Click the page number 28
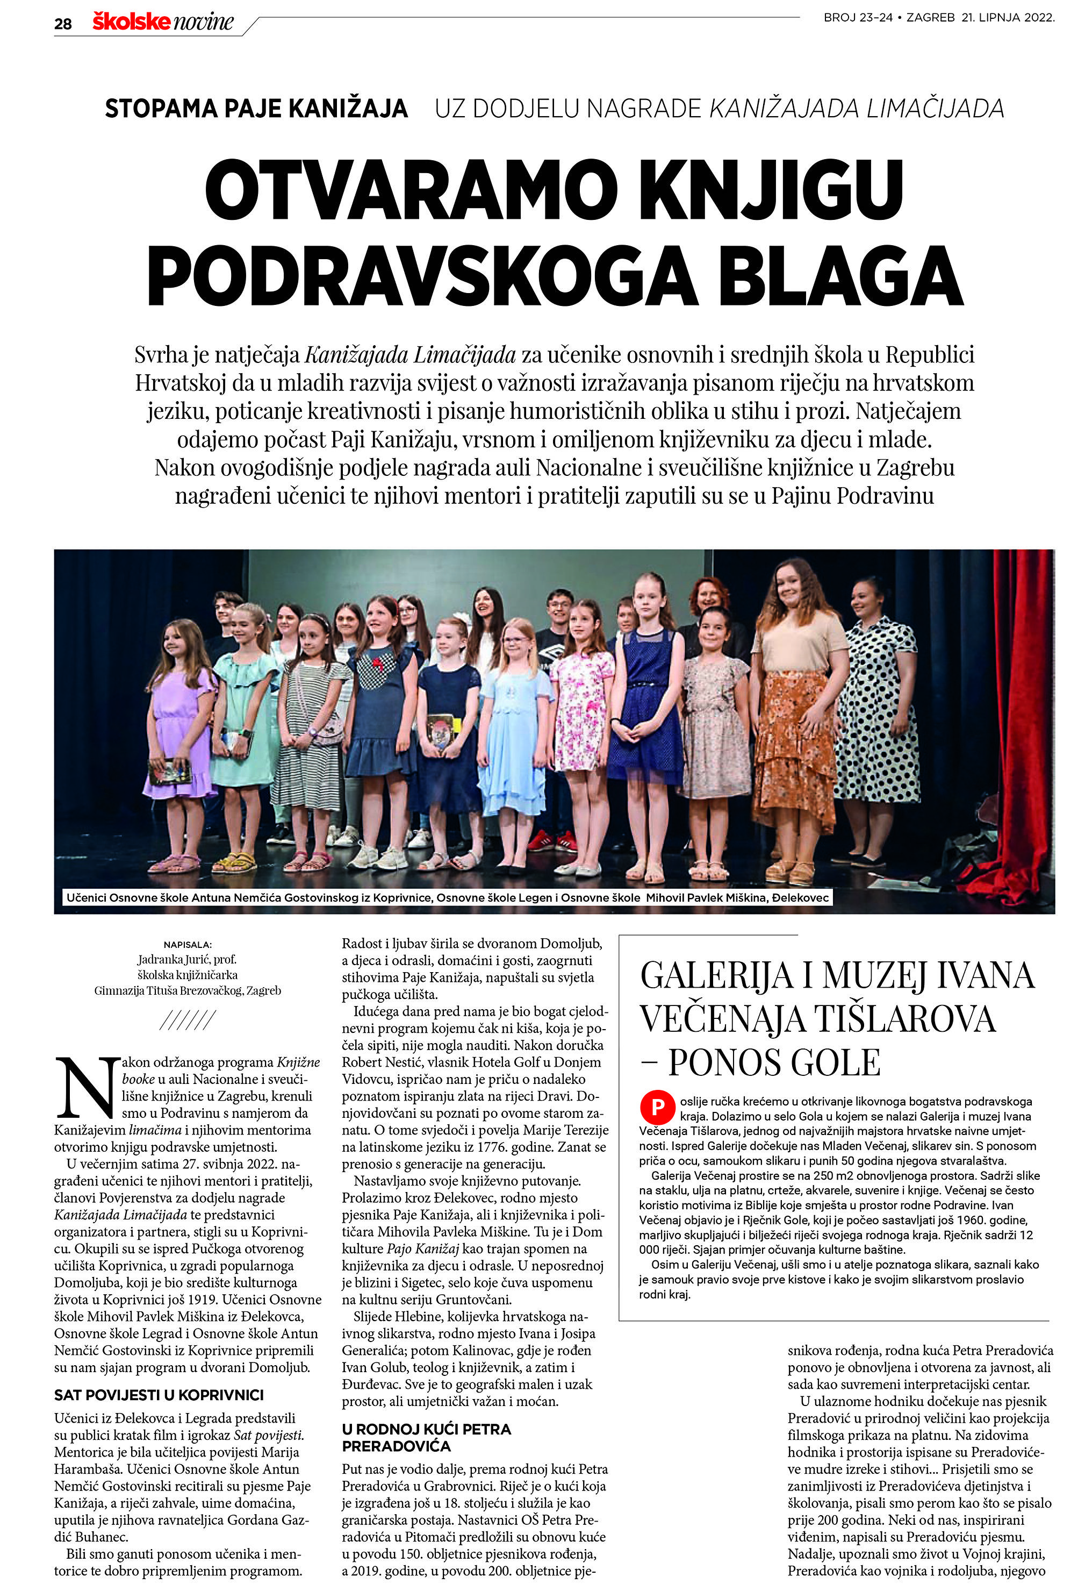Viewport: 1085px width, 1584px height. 63,24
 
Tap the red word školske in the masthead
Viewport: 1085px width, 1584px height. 132,22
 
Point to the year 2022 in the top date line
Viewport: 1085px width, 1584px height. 1039,18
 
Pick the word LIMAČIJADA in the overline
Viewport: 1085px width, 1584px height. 935,109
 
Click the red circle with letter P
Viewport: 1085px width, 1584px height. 657,1107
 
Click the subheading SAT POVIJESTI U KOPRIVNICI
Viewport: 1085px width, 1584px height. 159,1395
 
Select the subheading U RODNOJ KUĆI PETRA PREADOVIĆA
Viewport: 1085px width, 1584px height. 426,1437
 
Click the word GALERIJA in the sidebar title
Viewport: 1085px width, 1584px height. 716,976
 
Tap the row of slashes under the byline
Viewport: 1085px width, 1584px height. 188,1021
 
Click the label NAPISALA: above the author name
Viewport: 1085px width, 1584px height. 188,945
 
